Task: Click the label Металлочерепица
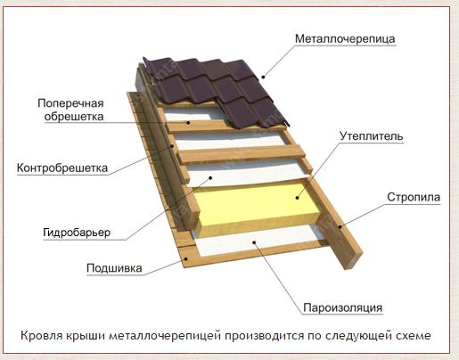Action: tap(345, 39)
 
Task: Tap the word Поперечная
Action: tap(70, 103)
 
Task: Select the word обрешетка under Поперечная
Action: tap(74, 117)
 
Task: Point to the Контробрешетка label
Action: tap(62, 168)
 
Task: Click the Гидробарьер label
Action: tap(77, 233)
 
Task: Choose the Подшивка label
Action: tap(114, 268)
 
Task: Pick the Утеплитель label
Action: tap(372, 136)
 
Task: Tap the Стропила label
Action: tap(414, 197)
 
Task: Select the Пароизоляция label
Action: tap(342, 307)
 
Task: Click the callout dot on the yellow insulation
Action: tap(297, 198)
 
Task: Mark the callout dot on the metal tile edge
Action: tap(263, 77)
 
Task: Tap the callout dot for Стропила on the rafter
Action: tap(340, 227)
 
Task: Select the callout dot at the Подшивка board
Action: tap(186, 258)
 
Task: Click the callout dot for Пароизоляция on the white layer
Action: tap(254, 242)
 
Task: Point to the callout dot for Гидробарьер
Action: tap(210, 177)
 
